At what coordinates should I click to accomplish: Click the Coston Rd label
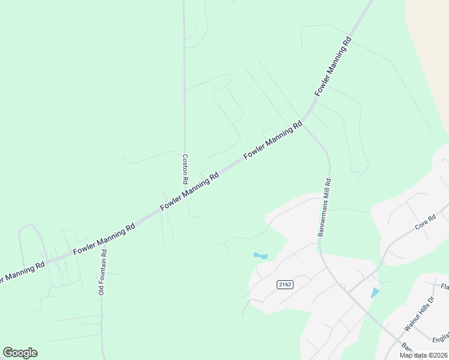click(185, 169)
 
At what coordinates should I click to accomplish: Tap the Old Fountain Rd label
click(102, 272)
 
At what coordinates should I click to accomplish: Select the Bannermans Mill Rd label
click(325, 207)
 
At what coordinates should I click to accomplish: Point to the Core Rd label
click(425, 223)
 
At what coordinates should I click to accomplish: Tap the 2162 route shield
click(285, 284)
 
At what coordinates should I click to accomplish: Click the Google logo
click(20, 353)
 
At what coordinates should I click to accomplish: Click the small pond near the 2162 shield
click(261, 256)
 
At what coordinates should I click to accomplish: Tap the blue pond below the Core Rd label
click(375, 293)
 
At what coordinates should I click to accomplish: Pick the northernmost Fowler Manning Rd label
click(333, 67)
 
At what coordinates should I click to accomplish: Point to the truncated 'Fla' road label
click(444, 287)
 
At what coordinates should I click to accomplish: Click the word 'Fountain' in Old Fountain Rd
click(102, 269)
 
